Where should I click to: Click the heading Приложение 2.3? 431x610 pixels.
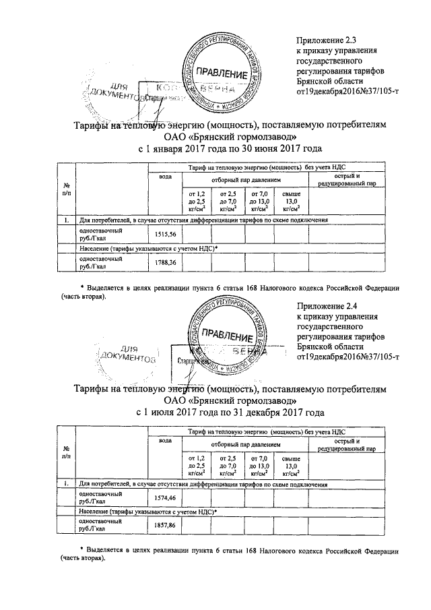point(328,42)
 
